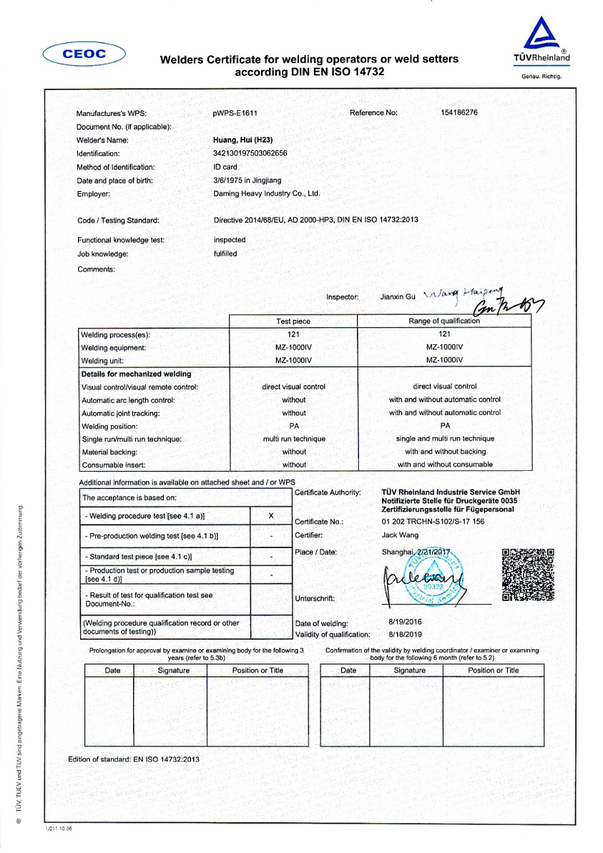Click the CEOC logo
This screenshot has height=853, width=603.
coord(84,53)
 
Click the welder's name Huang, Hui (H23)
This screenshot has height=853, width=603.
coord(243,140)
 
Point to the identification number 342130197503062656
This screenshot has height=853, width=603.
coord(250,153)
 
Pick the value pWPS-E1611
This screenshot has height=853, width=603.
coord(235,113)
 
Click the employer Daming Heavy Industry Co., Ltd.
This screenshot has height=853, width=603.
coord(267,194)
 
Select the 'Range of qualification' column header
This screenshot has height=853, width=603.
coord(444,321)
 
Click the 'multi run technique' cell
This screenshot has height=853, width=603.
coord(294,439)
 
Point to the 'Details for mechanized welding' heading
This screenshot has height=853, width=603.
coord(136,374)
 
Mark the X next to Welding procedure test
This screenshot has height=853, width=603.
coord(270,516)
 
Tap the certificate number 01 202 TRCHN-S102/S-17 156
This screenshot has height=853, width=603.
coord(433,522)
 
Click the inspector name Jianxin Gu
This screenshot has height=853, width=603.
coord(397,296)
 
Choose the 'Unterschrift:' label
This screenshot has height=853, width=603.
coord(315,598)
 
